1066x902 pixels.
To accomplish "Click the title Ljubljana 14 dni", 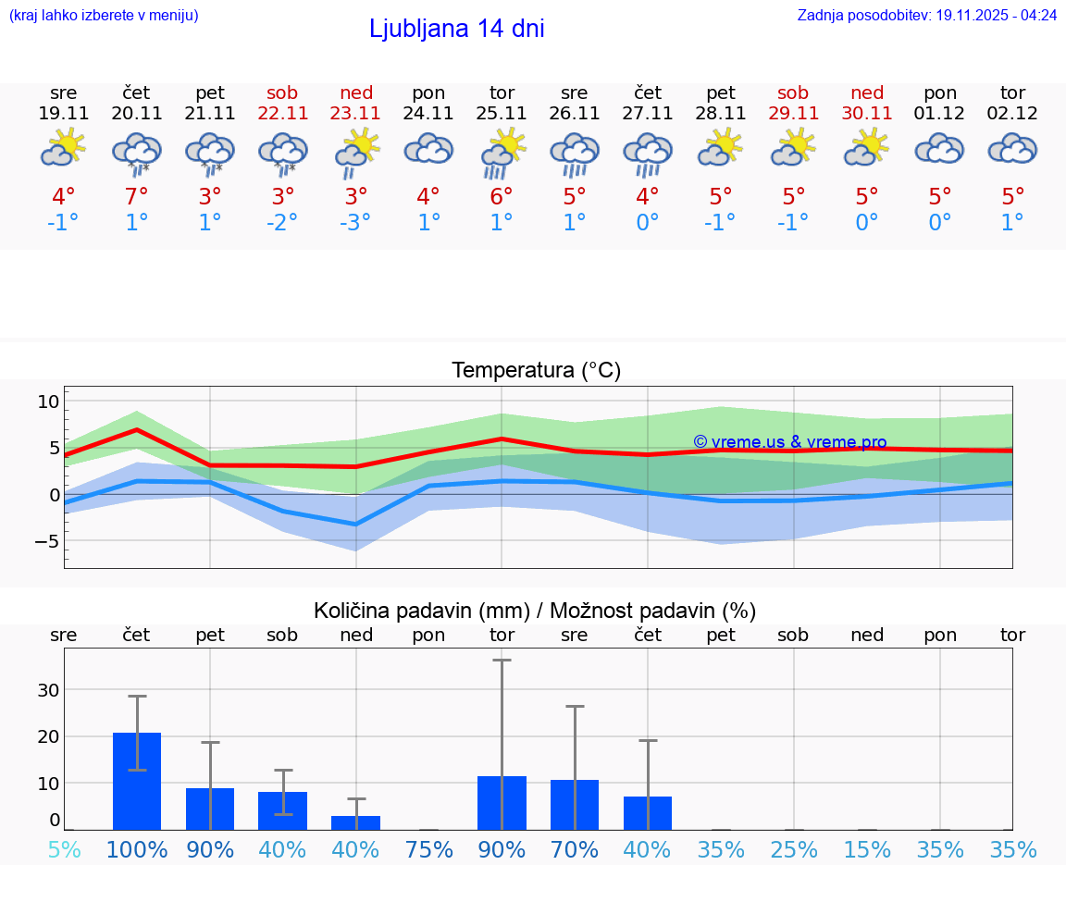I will coord(456,29).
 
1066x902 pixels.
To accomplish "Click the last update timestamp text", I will coord(926,15).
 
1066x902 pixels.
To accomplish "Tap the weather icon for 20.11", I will coord(137,152).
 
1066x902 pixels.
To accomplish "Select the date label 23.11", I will coord(355,114).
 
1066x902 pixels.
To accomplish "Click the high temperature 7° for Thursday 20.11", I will coord(137,197).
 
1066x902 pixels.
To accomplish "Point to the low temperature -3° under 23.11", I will coord(355,223).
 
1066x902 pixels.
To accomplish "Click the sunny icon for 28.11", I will coord(720,148).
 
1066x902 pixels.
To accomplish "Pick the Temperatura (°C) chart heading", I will coord(536,371).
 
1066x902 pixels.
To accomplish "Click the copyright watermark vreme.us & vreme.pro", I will coord(789,442).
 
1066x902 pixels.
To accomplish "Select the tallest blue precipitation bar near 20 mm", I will coord(137,781).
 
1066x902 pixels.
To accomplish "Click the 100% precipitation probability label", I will coord(137,850).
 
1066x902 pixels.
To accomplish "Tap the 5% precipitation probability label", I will coord(64,850).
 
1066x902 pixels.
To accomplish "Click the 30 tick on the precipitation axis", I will coord(48,690).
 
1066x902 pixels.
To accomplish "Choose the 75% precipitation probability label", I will coord(428,850).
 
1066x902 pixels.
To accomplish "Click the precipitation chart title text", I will coord(535,611).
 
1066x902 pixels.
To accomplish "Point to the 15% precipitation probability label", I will coord(866,850).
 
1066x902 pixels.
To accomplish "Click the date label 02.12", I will coord(1012,114).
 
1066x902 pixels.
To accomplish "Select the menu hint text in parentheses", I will coord(104,15).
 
